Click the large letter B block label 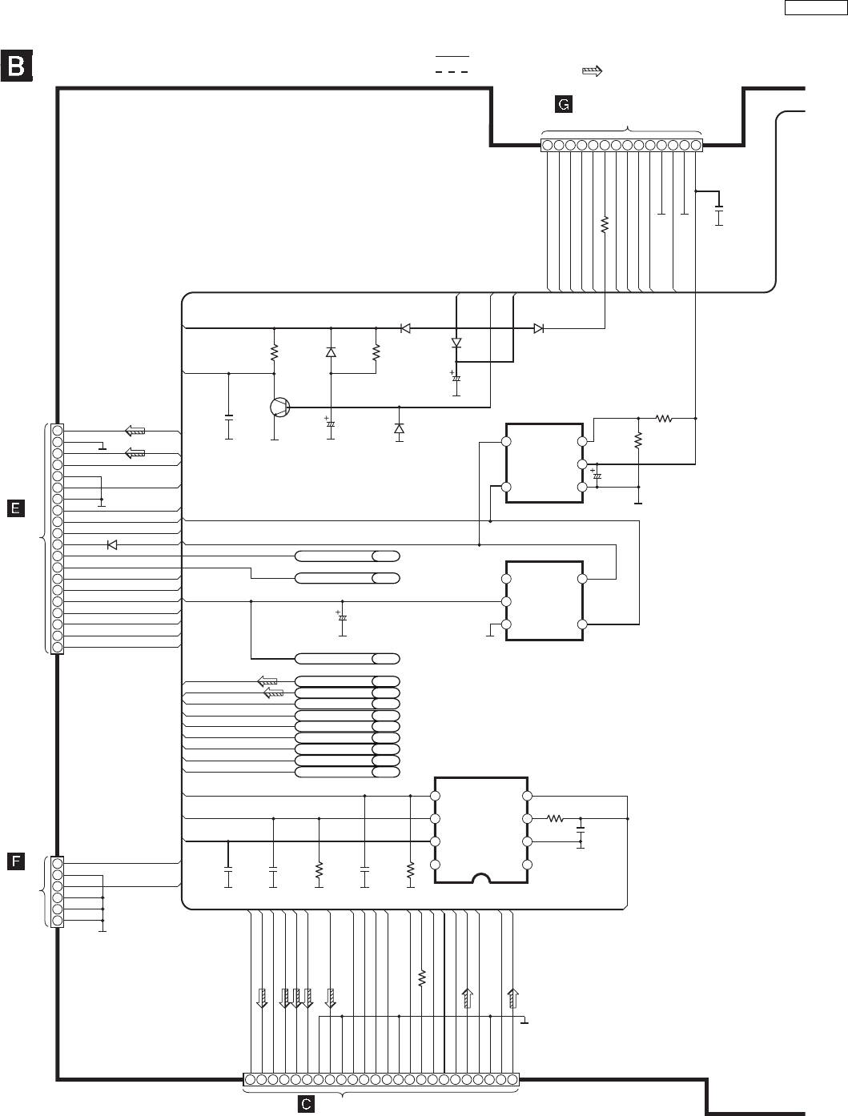[16, 66]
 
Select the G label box [563, 104]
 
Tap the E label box [16, 508]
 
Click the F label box [16, 861]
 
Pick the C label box [306, 1104]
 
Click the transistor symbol [279, 407]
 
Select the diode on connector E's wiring [112, 545]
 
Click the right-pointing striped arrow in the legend [593, 71]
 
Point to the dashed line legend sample [452, 72]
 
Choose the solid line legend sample [452, 56]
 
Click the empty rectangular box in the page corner [816, 8]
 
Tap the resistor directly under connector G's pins [605, 224]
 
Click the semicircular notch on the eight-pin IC [481, 878]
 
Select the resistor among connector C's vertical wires [421, 978]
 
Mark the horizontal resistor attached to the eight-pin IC [555, 818]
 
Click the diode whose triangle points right [539, 328]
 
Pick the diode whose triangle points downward [456, 343]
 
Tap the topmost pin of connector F [58, 863]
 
